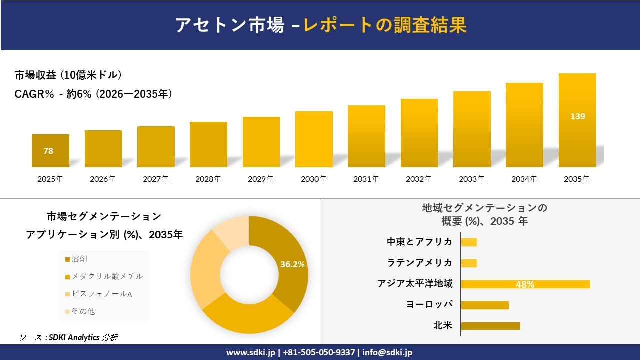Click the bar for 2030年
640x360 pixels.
tap(314, 139)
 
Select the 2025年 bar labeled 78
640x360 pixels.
tap(50, 151)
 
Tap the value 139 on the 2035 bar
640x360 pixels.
tap(577, 116)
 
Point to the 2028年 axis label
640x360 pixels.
tap(208, 179)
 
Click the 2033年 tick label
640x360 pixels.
tap(471, 179)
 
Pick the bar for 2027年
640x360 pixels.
tap(156, 147)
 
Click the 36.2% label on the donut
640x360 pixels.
tap(292, 265)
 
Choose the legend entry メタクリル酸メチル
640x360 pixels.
tap(107, 276)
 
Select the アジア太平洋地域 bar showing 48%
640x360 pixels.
tap(525, 284)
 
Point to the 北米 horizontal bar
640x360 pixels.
tap(490, 326)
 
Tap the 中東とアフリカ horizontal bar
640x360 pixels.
tap(469, 242)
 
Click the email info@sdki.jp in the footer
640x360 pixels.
tap(387, 352)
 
